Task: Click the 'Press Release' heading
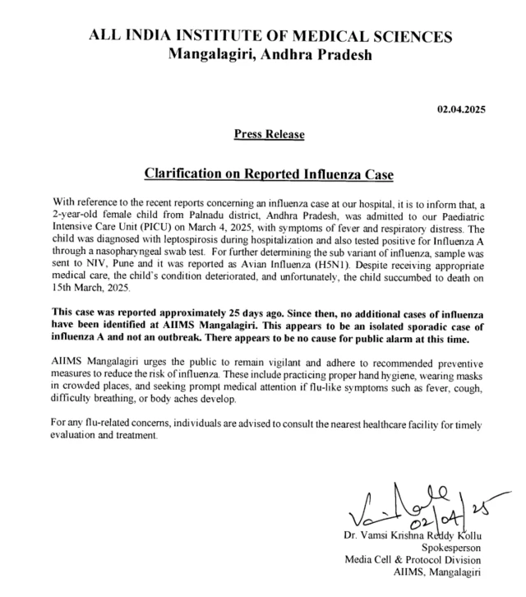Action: click(x=269, y=134)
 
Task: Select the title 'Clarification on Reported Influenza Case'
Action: click(x=270, y=174)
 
